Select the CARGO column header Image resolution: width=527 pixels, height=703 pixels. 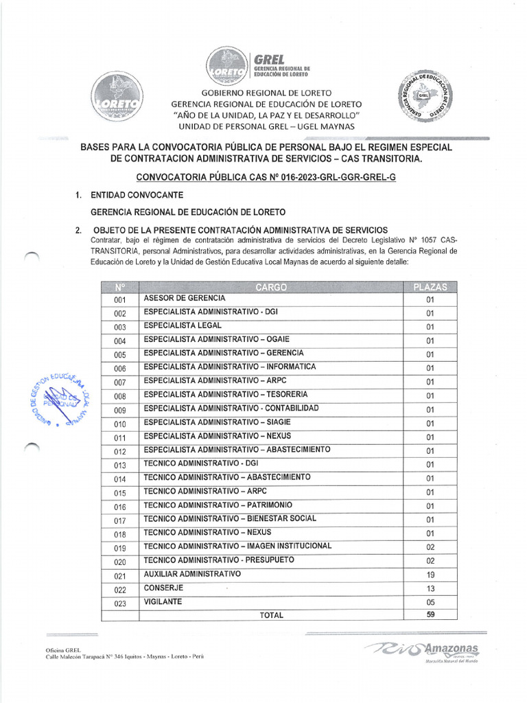pos(271,287)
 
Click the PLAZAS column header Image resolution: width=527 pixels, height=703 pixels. pos(430,287)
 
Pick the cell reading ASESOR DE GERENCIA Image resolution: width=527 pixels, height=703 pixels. pos(185,299)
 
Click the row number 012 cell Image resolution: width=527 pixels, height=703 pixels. pos(120,451)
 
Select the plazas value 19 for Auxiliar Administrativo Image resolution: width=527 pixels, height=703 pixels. pos(430,575)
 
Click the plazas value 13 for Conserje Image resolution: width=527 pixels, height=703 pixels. pos(430,588)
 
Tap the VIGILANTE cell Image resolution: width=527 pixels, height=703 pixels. pos(163,601)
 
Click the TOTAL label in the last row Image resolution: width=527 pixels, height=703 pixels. pos(271,615)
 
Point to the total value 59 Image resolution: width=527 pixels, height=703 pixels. pos(430,615)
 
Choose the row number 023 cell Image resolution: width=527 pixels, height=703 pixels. pos(120,603)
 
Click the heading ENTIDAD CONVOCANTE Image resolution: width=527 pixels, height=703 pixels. pos(137,196)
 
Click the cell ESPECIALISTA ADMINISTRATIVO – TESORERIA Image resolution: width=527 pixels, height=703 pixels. pos(226,395)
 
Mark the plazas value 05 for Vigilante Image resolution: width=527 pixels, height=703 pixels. pos(430,602)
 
